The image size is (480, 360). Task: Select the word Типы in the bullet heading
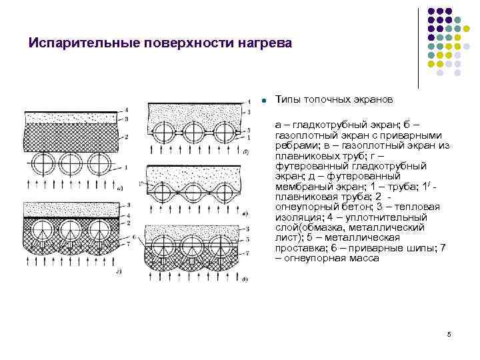pyautogui.click(x=288, y=99)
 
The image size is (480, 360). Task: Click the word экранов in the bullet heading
pyautogui.click(x=373, y=99)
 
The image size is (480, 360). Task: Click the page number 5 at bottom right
pyautogui.click(x=449, y=334)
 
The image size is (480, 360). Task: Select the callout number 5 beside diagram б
pyautogui.click(x=248, y=129)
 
